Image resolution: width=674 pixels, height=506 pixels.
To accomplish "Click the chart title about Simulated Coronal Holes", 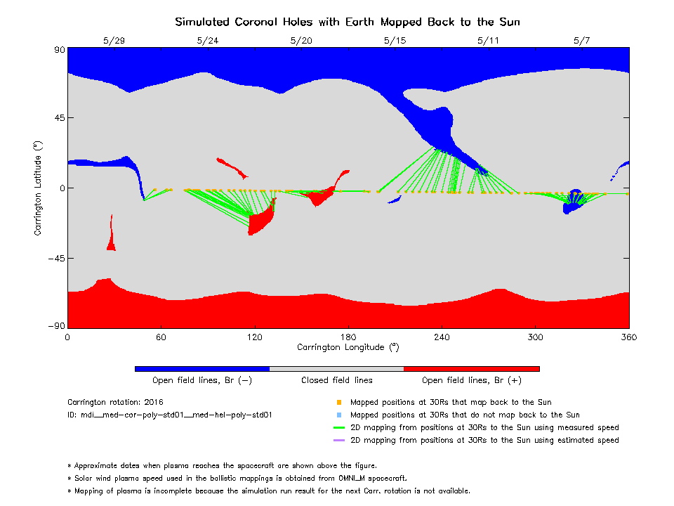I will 348,22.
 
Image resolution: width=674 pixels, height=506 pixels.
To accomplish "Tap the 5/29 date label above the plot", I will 114,41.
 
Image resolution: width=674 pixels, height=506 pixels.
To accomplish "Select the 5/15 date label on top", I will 395,41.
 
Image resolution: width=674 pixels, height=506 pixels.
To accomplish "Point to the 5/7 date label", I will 581,41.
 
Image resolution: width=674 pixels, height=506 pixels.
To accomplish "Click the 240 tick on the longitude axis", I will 442,337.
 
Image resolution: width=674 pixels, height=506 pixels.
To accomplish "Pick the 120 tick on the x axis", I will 254,337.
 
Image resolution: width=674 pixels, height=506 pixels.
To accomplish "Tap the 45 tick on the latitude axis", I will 56,118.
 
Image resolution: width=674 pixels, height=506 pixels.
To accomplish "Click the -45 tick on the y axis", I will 53,259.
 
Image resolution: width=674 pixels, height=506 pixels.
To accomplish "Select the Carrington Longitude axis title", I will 348,346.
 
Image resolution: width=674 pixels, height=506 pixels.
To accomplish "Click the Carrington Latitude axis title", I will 38,188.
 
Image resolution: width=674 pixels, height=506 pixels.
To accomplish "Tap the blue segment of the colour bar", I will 201,368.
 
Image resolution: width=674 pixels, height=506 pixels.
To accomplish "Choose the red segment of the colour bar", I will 471,368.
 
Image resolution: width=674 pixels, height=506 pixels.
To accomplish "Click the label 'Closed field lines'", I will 337,380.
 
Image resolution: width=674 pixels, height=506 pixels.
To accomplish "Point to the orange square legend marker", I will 338,403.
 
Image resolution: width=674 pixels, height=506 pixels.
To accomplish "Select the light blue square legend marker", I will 338,415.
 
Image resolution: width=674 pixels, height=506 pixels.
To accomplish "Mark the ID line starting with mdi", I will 169,415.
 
